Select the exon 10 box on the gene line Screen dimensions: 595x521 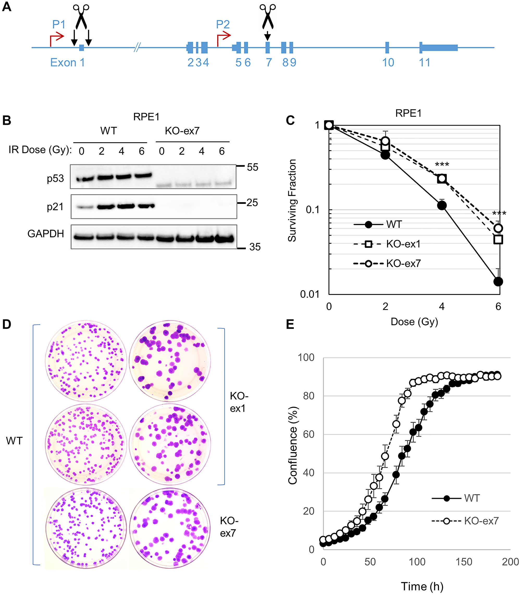click(387, 47)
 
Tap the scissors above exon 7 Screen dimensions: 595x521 click(268, 16)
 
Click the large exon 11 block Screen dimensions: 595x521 click(439, 47)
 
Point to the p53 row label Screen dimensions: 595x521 click(55, 178)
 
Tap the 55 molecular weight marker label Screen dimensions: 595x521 click(252, 167)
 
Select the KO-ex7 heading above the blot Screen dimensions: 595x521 click(182, 131)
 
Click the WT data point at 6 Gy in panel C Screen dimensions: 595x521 click(498, 281)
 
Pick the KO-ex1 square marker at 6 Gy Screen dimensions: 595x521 click(498, 239)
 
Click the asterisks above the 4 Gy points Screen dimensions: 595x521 click(442, 165)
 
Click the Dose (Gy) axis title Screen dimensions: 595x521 click(414, 322)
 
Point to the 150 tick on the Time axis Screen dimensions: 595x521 click(464, 562)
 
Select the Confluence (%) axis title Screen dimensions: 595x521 click(293, 445)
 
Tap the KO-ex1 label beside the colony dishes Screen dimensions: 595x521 click(239, 402)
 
